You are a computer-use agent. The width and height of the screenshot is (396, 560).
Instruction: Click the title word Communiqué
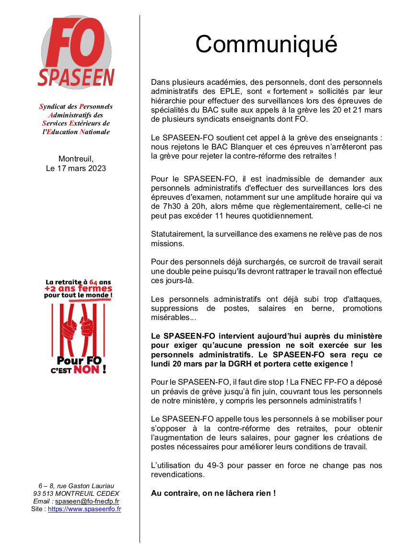(x=266, y=45)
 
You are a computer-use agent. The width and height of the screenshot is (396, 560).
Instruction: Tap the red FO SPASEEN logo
(x=76, y=52)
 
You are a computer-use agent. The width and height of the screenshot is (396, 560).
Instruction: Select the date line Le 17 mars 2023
(x=76, y=168)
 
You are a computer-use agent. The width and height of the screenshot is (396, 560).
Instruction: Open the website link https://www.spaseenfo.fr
(x=84, y=509)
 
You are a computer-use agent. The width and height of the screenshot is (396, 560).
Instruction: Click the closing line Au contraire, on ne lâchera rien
(x=213, y=493)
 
